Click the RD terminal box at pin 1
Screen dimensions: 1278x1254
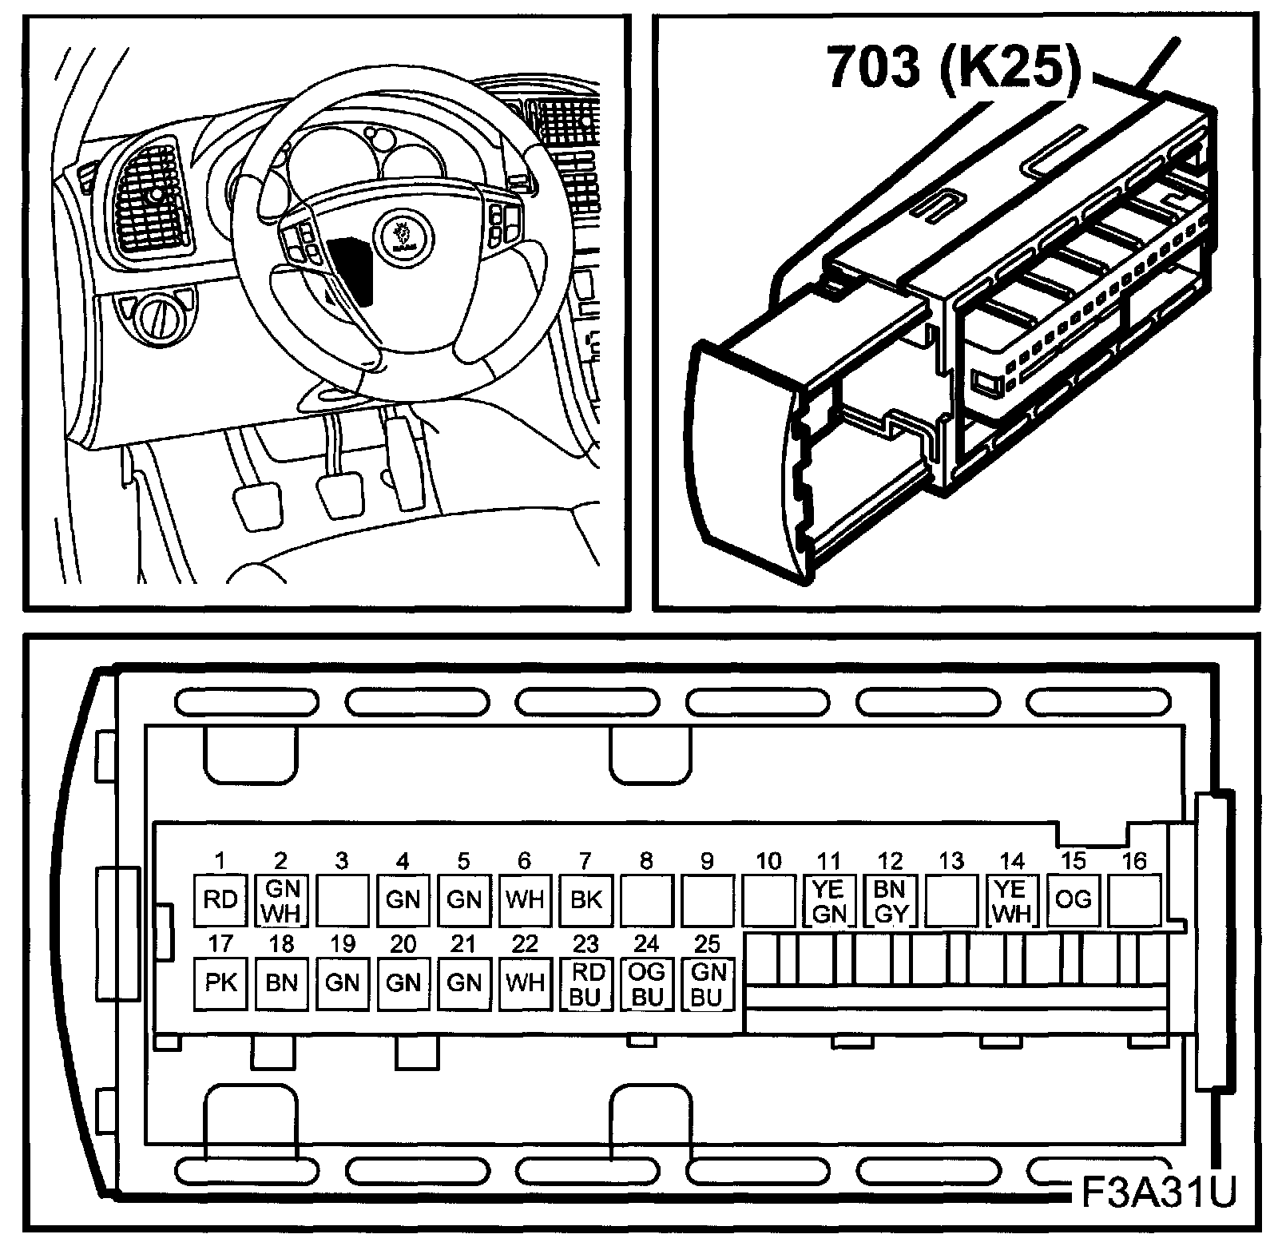tap(220, 900)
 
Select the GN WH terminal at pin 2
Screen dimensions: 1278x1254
tap(281, 900)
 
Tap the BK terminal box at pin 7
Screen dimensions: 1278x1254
tap(585, 900)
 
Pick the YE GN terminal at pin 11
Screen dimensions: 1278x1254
tap(829, 900)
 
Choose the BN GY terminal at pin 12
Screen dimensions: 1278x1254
tap(890, 900)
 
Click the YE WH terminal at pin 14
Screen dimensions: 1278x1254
tap(1012, 900)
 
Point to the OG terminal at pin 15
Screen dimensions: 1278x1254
tap(1073, 900)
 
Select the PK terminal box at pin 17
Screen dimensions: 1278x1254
tap(220, 982)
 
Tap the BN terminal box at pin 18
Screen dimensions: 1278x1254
tap(281, 982)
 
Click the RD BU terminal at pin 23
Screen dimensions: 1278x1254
tap(585, 982)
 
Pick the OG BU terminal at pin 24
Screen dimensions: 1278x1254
tap(646, 982)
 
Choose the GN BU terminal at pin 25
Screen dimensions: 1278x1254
tap(707, 982)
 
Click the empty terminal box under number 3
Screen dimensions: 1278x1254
tap(342, 900)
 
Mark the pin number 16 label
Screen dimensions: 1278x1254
tap(1134, 861)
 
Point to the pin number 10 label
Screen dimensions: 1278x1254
tap(768, 861)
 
